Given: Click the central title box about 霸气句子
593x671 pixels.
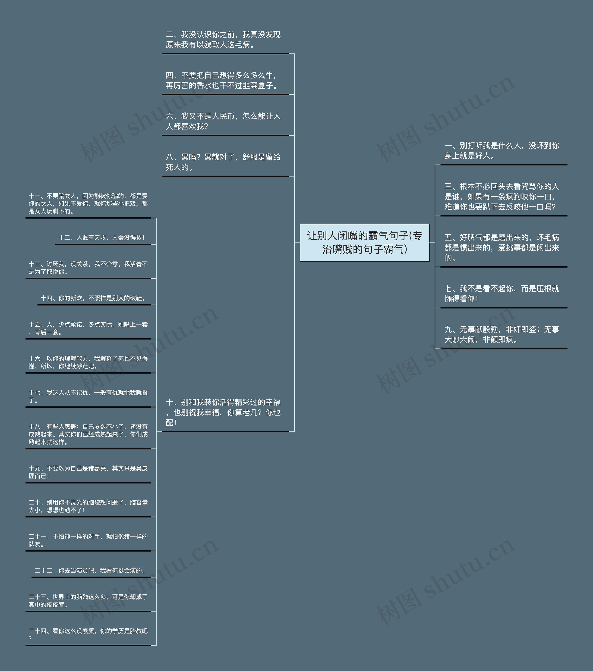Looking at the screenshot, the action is pos(364,243).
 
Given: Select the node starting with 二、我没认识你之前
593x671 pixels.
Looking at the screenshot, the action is pos(223,40).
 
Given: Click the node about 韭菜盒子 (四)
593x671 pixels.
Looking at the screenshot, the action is pos(223,80).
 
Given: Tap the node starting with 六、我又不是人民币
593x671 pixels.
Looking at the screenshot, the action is pos(223,121).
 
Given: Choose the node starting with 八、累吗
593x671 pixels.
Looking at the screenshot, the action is pos(223,162).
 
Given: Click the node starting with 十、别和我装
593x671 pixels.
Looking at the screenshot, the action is pos(223,412).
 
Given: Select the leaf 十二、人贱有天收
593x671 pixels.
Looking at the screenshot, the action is pos(101,238).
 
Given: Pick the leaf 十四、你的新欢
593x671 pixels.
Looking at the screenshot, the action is pos(93,298).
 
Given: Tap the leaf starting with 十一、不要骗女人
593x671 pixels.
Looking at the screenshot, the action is pos(88,203).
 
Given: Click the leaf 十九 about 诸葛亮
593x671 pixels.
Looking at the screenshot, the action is pos(88,472).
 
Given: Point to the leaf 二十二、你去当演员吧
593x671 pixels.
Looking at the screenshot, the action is pos(90,571).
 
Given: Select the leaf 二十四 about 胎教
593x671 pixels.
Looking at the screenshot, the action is pos(88,635).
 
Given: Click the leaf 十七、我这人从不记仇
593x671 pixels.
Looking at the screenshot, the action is pos(88,396).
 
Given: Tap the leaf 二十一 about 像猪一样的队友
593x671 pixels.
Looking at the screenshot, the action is pos(88,540).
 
